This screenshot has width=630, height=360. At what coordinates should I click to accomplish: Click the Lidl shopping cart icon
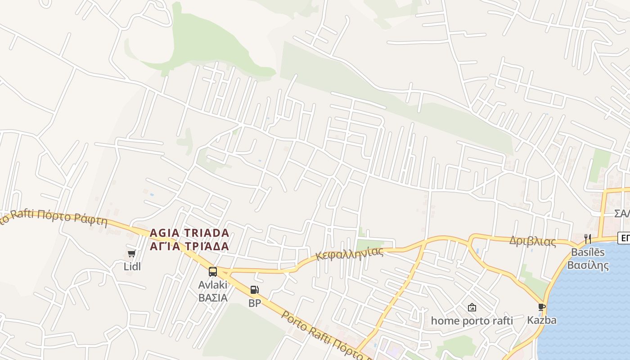[131, 254]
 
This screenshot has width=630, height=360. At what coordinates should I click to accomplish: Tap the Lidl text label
[132, 266]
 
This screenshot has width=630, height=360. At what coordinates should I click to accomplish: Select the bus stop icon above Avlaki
[213, 272]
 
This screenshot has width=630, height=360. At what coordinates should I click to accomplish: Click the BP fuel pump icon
[254, 290]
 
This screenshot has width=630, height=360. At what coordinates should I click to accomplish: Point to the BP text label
[255, 303]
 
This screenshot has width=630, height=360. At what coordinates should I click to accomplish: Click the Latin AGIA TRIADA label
[189, 233]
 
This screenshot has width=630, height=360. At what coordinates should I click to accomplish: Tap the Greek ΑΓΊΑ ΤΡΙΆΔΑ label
[189, 247]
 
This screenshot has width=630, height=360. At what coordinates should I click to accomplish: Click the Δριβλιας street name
[532, 241]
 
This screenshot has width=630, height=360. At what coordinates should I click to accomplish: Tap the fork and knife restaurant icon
[588, 238]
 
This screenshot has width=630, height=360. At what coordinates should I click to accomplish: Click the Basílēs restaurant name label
[588, 252]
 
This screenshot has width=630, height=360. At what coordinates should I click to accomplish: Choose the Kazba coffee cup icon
[542, 307]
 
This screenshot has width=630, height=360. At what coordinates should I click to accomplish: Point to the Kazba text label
[542, 320]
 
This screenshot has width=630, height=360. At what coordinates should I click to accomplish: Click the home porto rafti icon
[472, 308]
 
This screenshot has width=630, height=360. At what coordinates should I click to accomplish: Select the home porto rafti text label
[472, 321]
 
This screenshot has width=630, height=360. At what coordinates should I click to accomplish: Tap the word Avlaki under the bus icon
[213, 285]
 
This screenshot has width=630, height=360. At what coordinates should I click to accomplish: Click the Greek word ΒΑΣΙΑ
[213, 298]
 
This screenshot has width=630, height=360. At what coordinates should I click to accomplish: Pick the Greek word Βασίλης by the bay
[588, 265]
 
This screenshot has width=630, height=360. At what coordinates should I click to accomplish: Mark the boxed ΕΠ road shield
[624, 238]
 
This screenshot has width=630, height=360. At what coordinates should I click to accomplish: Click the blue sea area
[589, 315]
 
